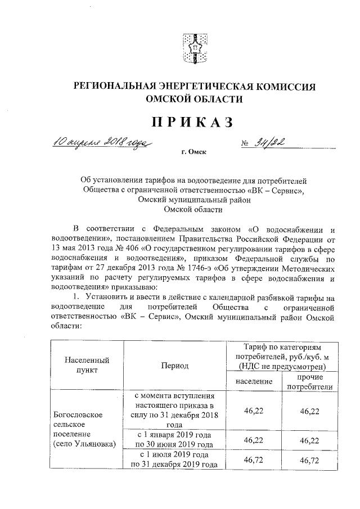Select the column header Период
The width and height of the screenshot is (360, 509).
174,366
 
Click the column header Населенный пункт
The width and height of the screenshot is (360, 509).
87,365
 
